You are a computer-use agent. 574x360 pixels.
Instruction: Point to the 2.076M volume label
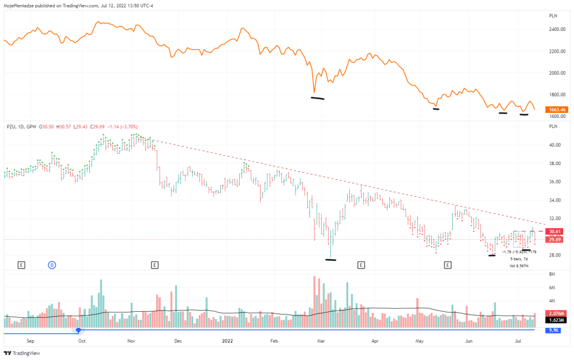556,313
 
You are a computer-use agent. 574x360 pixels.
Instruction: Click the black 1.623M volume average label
556,320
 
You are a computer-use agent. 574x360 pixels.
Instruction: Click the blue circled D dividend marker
52,264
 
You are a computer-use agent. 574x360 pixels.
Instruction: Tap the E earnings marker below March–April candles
361,264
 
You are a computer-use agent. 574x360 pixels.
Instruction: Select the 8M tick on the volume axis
553,274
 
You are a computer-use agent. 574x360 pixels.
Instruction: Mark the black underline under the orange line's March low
317,99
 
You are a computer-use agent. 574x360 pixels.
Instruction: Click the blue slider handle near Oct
79,330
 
